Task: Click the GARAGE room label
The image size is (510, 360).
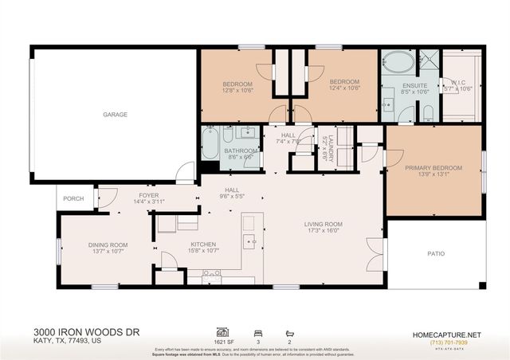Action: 115,115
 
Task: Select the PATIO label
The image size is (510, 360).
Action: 436,254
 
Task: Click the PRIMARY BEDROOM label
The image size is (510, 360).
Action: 433,167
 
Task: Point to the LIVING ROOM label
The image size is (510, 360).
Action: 323,224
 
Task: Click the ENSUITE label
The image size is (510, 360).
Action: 414,85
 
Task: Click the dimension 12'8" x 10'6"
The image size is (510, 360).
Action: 237,91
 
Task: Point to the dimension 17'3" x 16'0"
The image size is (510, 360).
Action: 323,231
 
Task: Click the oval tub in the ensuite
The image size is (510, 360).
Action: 396,64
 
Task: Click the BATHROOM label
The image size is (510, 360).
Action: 240,151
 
